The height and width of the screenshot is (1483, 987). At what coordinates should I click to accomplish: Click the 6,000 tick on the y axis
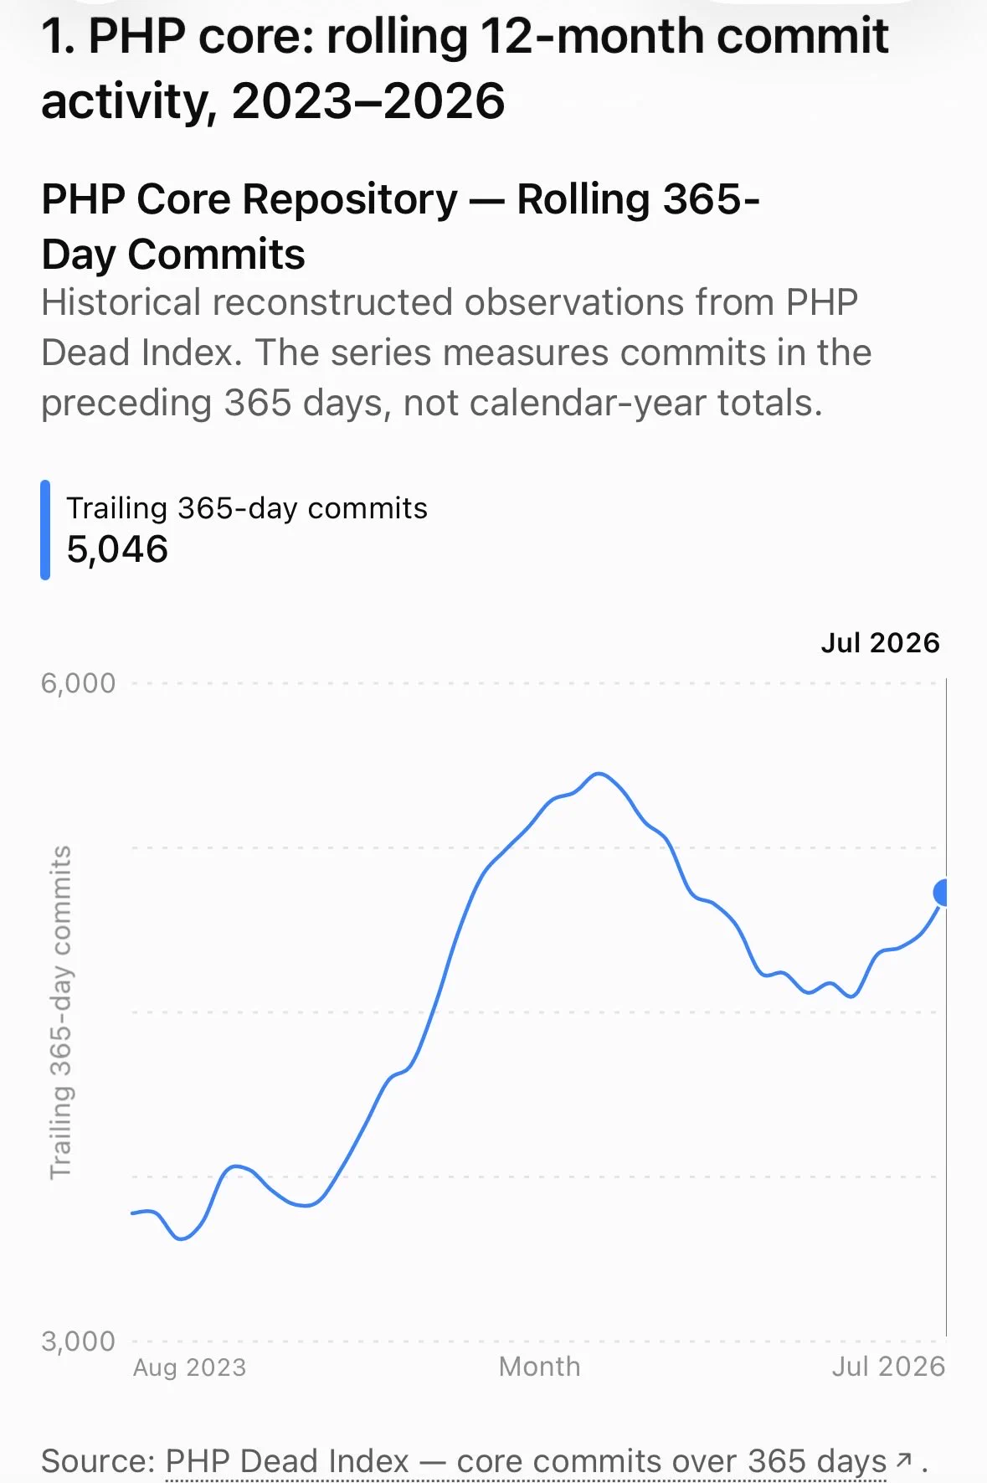tap(78, 683)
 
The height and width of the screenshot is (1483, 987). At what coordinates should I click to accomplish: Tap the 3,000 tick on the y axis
tap(78, 1341)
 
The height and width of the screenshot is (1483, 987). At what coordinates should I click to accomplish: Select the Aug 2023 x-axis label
tap(189, 1367)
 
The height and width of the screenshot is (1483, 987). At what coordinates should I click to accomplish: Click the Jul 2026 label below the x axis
tap(888, 1367)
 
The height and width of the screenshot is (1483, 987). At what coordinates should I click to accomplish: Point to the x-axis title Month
tap(539, 1367)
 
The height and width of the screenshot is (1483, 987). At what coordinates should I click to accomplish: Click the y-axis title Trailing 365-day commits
tap(61, 1012)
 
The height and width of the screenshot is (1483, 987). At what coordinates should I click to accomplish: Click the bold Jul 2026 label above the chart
tap(880, 642)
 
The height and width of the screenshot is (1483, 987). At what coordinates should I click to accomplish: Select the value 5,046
tap(117, 549)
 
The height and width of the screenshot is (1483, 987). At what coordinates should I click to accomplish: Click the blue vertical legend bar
tap(45, 530)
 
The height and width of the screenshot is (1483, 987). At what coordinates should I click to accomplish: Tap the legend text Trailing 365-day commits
tap(247, 508)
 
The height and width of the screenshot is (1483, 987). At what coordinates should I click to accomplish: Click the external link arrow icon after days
tap(904, 1460)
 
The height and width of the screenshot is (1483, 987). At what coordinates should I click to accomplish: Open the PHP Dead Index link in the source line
tap(287, 1461)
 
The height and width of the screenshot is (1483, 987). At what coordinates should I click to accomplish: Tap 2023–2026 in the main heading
tap(368, 102)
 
